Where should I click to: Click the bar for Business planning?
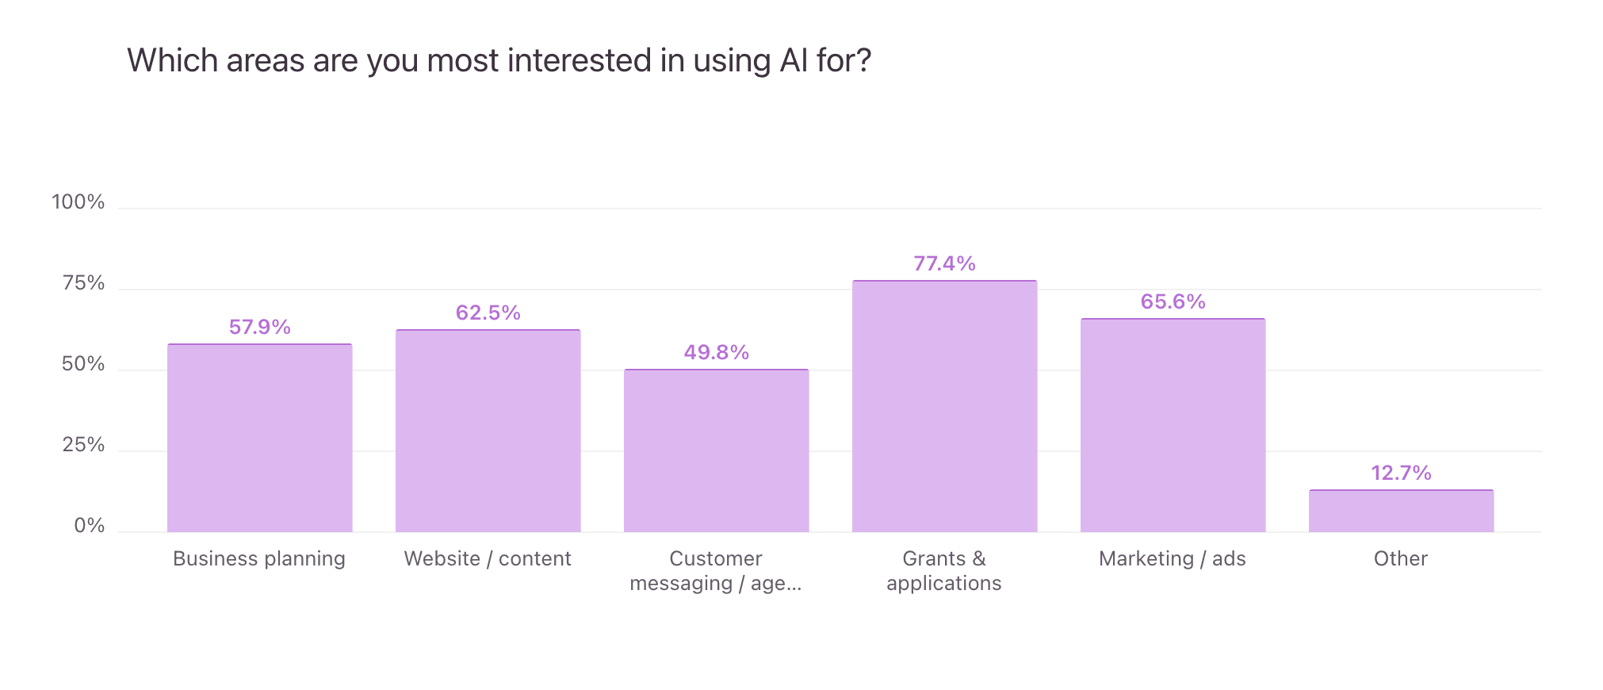(259, 438)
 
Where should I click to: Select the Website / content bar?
(488, 431)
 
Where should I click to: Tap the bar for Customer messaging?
(716, 450)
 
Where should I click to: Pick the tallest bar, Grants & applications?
(944, 406)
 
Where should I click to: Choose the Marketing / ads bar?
(1173, 425)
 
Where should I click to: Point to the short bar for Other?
(1401, 511)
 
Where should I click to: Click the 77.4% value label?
(944, 263)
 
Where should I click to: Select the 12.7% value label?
(1401, 473)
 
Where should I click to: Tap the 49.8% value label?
(716, 352)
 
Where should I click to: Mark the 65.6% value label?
(1173, 301)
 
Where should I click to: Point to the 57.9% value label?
(259, 327)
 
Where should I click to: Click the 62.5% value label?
(488, 312)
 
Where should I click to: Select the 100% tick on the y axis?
(78, 202)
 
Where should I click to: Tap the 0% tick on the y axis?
(89, 526)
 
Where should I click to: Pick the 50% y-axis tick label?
(82, 364)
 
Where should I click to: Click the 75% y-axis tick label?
(82, 283)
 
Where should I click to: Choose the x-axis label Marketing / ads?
(1172, 558)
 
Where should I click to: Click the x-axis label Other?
(1400, 558)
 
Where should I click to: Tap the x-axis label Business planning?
(258, 558)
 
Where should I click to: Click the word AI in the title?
(794, 60)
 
